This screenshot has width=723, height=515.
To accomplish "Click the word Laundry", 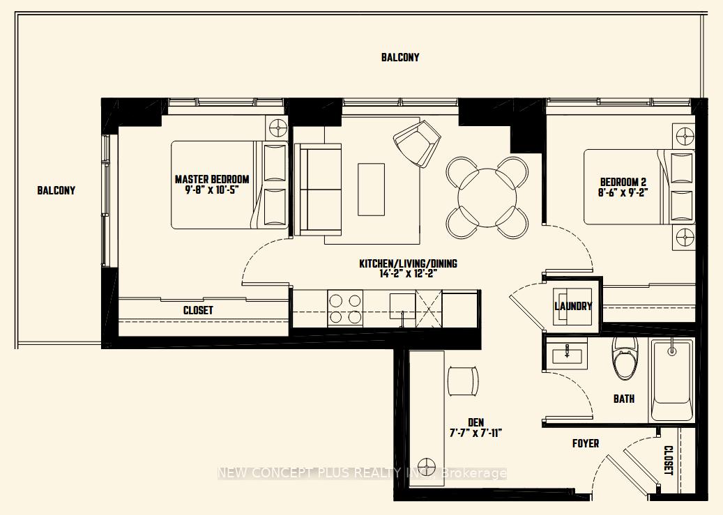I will (x=573, y=306).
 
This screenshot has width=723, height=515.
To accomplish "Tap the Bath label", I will (x=623, y=399).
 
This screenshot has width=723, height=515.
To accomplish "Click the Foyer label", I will (x=585, y=443).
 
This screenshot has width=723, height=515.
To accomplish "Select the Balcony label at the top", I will (x=400, y=57).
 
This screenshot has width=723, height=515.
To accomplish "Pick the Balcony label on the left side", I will (x=56, y=190).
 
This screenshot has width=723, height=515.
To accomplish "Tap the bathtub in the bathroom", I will (x=671, y=380).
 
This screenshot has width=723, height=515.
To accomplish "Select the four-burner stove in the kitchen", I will (x=345, y=309).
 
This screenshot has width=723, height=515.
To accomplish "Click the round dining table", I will (x=487, y=197).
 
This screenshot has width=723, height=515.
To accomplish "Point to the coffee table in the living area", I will (x=371, y=189).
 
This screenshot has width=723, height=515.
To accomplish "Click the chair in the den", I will (x=463, y=380).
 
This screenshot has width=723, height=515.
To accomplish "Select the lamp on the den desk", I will (x=426, y=465).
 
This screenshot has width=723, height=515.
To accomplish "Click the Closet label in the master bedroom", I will (x=198, y=310).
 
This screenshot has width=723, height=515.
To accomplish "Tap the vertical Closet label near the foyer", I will (x=668, y=460).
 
